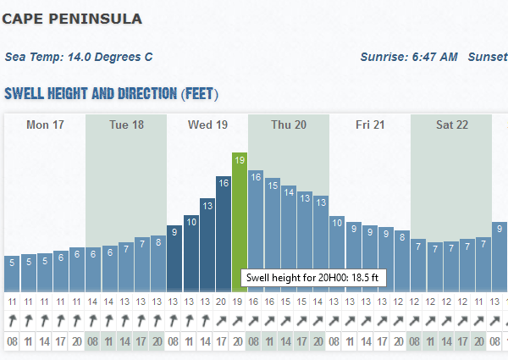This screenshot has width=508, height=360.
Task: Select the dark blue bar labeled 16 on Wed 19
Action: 224,233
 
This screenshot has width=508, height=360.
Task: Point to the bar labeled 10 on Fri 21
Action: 337,253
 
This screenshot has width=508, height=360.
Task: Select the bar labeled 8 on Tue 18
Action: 158,263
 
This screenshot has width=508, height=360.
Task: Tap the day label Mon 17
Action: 45,125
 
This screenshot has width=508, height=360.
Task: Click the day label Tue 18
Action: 126,125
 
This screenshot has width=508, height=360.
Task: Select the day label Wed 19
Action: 207,125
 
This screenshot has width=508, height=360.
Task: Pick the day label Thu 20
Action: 289,125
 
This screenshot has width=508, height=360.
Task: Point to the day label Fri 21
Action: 370,125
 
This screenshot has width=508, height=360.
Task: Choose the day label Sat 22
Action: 451,125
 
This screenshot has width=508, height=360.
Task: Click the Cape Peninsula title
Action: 72,18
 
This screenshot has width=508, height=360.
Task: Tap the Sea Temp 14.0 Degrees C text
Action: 79,57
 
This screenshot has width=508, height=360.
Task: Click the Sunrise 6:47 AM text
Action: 409,57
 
